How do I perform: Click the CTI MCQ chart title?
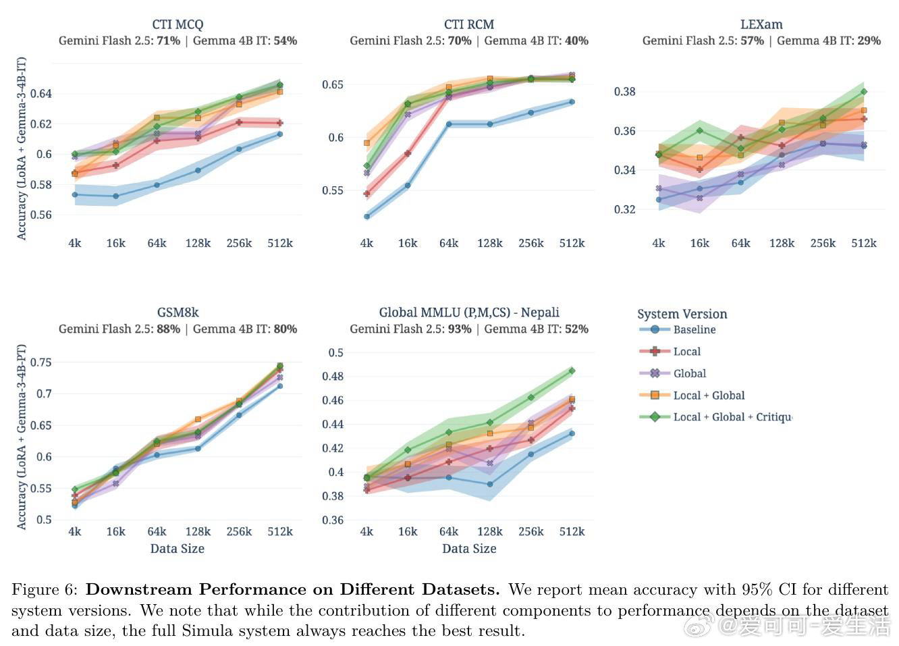(178, 24)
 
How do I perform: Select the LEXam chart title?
(761, 24)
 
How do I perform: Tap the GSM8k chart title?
(178, 313)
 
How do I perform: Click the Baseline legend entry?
(694, 329)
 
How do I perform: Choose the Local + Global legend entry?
(709, 396)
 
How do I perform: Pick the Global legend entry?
(689, 373)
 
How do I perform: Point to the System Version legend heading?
(682, 314)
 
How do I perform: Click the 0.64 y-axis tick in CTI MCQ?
(40, 93)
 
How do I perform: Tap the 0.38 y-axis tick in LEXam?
(624, 92)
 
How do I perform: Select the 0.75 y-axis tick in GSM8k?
(40, 362)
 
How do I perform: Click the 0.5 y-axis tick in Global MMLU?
(335, 352)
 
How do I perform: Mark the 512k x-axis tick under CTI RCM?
(572, 243)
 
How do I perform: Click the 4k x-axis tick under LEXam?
(658, 243)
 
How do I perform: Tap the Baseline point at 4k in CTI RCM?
(366, 217)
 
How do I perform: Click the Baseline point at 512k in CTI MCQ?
(280, 134)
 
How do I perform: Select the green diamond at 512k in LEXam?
(864, 92)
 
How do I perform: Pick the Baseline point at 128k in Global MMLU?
(490, 484)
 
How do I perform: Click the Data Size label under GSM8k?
(178, 549)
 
